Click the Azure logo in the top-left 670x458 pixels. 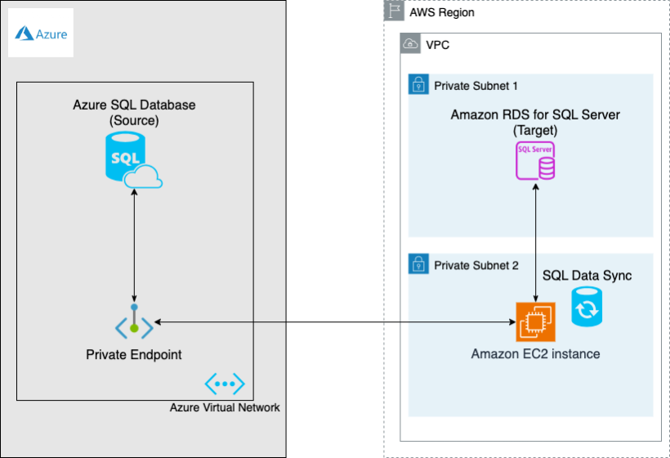pyautogui.click(x=41, y=34)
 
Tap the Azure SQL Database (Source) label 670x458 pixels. pyautogui.click(x=134, y=113)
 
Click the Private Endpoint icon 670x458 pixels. pyautogui.click(x=133, y=326)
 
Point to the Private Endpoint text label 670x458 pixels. pyautogui.click(x=134, y=355)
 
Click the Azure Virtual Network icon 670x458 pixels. pyautogui.click(x=225, y=383)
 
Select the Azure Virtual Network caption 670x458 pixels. pyautogui.click(x=225, y=407)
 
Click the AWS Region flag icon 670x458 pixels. pyautogui.click(x=395, y=11)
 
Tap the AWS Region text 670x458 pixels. pyautogui.click(x=441, y=13)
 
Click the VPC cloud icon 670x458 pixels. pyautogui.click(x=410, y=44)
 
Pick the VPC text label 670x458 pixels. pyautogui.click(x=437, y=45)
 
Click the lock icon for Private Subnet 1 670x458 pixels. pyautogui.click(x=418, y=84)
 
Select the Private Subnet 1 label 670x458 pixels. pyautogui.click(x=476, y=85)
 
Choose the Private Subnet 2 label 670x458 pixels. pyautogui.click(x=476, y=265)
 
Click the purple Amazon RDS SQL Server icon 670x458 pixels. pyautogui.click(x=535, y=161)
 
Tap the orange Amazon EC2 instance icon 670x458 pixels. pyautogui.click(x=535, y=321)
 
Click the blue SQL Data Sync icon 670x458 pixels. pyautogui.click(x=586, y=309)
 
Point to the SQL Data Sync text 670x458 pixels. pyautogui.click(x=587, y=276)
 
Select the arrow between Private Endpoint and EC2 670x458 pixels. pyautogui.click(x=335, y=322)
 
